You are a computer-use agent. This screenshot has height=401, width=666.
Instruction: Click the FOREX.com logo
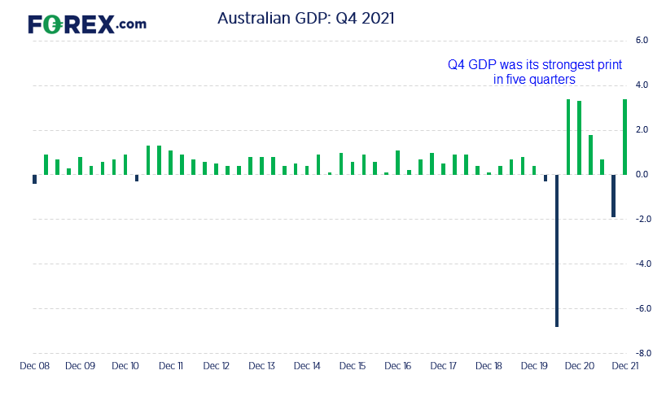[87, 24]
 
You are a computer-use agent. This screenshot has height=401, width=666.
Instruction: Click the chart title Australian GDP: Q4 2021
[306, 18]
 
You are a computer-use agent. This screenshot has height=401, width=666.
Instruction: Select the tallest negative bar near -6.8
[557, 251]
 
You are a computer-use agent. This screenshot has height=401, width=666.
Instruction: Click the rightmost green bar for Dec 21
[624, 137]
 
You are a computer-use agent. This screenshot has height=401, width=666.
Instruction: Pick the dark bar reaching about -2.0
[613, 196]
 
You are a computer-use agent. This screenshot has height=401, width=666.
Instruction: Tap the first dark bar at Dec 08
[35, 179]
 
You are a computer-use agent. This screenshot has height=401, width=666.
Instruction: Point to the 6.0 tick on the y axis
[642, 41]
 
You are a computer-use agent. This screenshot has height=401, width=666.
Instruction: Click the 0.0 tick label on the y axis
[642, 174]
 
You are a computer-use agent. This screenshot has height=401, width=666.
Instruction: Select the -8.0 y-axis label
[643, 353]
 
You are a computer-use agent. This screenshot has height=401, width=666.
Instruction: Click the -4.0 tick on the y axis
[643, 264]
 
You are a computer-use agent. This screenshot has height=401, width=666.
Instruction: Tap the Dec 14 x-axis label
[307, 366]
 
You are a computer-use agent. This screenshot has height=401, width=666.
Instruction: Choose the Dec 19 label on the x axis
[534, 366]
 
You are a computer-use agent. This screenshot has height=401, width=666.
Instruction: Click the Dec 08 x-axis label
[35, 366]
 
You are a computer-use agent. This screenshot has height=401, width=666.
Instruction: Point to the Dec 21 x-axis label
[625, 366]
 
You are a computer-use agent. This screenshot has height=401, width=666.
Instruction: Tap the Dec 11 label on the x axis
[171, 366]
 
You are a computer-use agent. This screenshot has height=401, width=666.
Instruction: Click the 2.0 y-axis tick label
[642, 130]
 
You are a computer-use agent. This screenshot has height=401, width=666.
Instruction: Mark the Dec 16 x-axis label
[398, 366]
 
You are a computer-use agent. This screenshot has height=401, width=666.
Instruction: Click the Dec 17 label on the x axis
[444, 366]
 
